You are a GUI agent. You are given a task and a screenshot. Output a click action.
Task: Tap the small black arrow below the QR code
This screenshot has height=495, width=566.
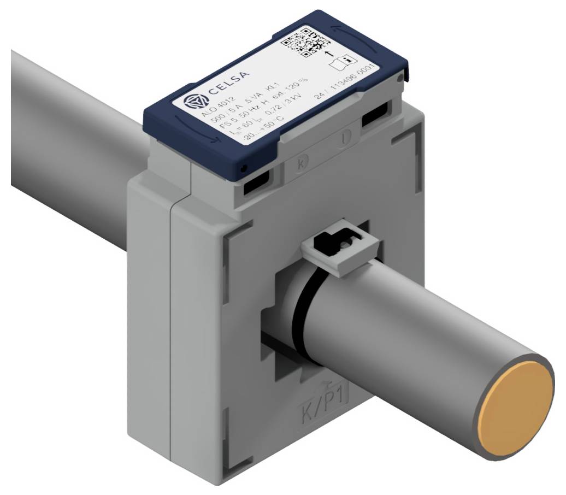[329, 54]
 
